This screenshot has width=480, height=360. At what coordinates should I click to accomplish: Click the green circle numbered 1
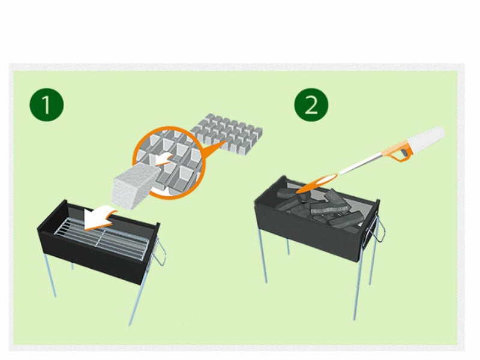47,104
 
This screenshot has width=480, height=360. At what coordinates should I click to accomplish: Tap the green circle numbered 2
311,105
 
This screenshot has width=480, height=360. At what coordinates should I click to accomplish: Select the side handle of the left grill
160,253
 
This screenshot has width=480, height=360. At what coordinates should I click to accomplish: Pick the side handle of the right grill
378,228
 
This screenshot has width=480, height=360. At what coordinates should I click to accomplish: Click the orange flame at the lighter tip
317,183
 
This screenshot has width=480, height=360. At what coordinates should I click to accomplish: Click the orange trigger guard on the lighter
401,152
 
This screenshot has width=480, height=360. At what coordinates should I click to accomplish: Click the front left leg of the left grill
50,275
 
